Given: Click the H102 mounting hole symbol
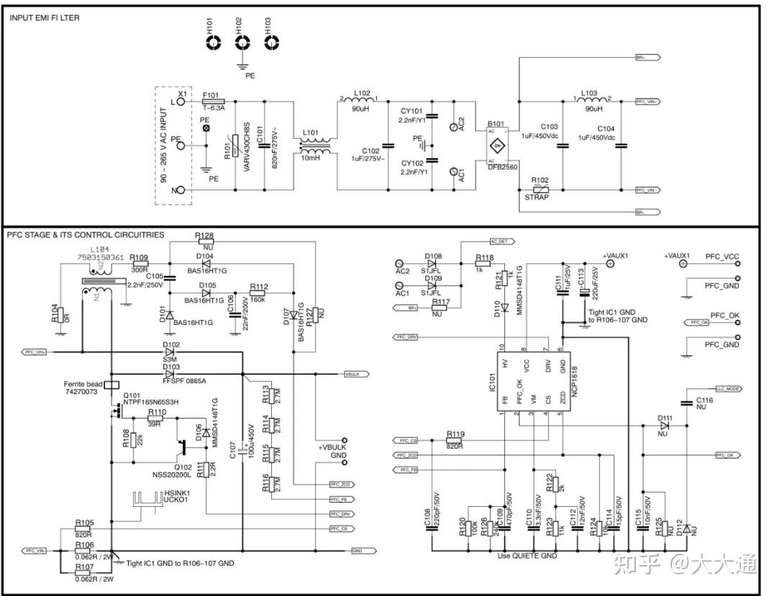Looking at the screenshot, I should [240, 43].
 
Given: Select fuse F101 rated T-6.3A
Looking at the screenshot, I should [214, 102].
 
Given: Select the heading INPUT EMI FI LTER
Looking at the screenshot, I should [45, 17].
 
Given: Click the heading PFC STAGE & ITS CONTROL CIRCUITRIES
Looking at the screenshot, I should [85, 235].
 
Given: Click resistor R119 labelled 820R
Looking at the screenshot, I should [455, 440].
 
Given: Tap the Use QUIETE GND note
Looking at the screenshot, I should [527, 556].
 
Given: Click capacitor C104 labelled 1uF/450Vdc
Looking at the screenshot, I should [622, 146].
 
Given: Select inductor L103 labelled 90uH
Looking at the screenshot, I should [589, 101].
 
